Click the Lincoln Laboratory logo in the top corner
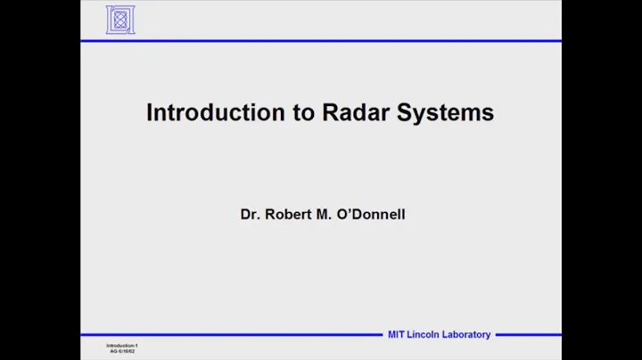coord(120,20)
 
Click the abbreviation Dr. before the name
coord(250,215)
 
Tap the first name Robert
coord(286,215)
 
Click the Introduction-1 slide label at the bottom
coord(122,345)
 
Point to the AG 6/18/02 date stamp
coord(123,351)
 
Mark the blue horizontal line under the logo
coord(321,41)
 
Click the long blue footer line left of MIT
coord(232,335)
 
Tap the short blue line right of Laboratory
coord(528,335)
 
